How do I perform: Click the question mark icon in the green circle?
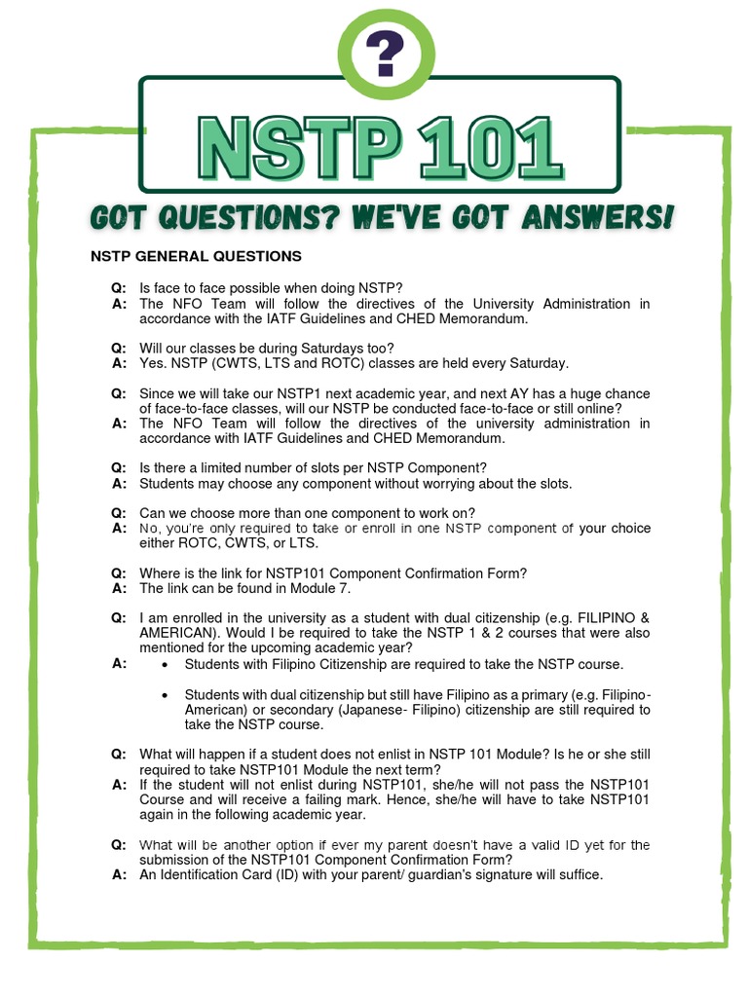tap(381, 55)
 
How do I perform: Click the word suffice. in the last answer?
tap(579, 874)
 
